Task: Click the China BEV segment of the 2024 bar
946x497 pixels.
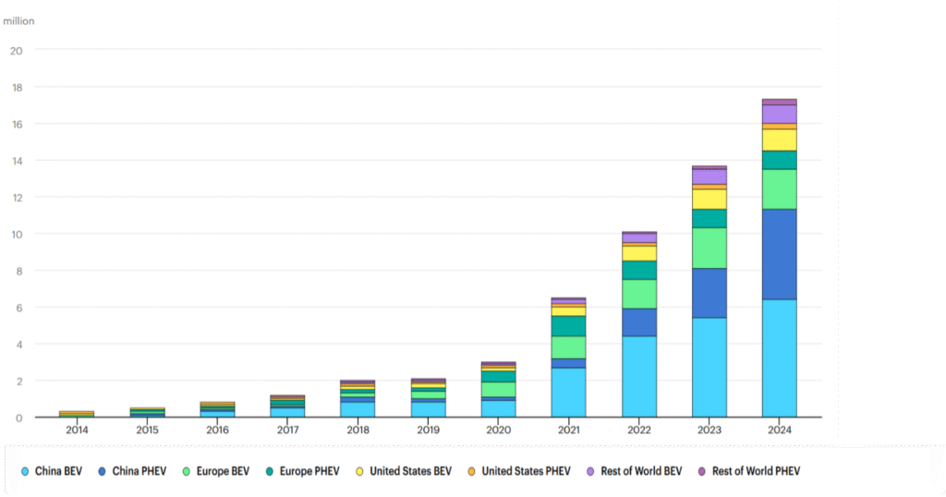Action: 779,358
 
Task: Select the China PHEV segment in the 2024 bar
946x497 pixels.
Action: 779,254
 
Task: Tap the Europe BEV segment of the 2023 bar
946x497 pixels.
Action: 709,248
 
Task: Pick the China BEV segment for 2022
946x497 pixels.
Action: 638,376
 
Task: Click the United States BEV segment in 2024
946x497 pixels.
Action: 779,139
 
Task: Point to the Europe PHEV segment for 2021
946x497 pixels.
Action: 569,326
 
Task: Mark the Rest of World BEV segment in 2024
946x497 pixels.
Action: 779,114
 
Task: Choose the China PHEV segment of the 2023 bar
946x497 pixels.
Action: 709,293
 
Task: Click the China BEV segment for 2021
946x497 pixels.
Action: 569,392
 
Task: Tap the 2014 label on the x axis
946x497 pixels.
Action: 77,430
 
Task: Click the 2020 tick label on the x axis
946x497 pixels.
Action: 499,430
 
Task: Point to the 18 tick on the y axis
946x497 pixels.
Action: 16,87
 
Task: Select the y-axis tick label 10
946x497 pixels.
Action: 16,234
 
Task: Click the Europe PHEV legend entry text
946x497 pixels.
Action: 316,471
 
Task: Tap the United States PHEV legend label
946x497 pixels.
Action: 528,471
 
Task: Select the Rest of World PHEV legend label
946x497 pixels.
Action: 756,471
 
